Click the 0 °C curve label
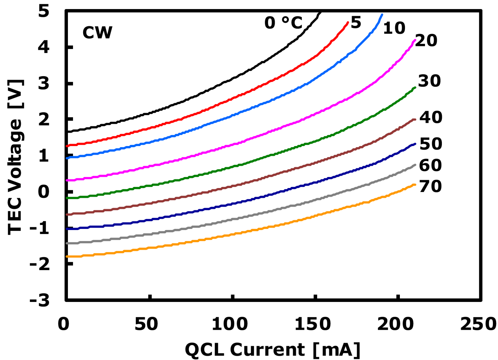coord(283,24)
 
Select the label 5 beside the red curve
coord(356,23)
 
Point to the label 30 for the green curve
coord(430,81)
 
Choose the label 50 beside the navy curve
coord(431,144)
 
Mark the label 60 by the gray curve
coord(431,166)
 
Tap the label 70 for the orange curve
coord(431,187)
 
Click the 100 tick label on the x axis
coord(233,324)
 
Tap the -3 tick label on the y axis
coord(46,300)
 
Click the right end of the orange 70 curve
coord(415,185)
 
